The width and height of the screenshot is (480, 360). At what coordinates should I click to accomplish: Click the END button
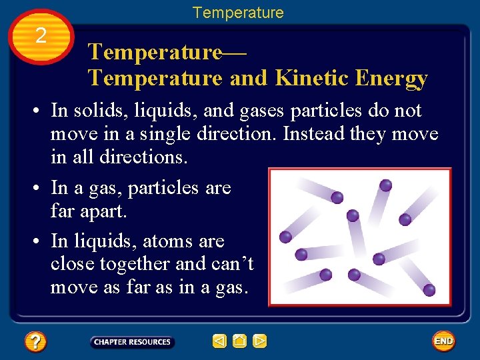pyautogui.click(x=443, y=341)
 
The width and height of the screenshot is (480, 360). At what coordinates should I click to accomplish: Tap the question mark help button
pyautogui.click(x=35, y=343)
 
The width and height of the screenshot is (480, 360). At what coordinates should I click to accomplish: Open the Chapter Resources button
pyautogui.click(x=132, y=342)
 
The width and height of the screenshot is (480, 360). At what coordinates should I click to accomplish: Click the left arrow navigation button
pyautogui.click(x=219, y=342)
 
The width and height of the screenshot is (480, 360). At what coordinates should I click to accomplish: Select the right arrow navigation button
pyautogui.click(x=260, y=342)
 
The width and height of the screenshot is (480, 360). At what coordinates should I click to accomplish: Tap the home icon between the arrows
pyautogui.click(x=240, y=342)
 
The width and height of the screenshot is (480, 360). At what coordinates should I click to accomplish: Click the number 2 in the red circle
pyautogui.click(x=41, y=36)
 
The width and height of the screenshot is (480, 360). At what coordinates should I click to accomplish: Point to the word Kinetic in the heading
pyautogui.click(x=310, y=78)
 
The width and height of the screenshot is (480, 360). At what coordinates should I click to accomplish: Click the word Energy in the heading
pyautogui.click(x=391, y=78)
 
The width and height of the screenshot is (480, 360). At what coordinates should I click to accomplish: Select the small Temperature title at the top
pyautogui.click(x=238, y=13)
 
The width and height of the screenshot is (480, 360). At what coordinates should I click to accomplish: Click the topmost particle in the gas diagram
pyautogui.click(x=385, y=185)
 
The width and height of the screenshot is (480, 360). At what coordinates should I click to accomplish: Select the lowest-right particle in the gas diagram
pyautogui.click(x=429, y=290)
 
